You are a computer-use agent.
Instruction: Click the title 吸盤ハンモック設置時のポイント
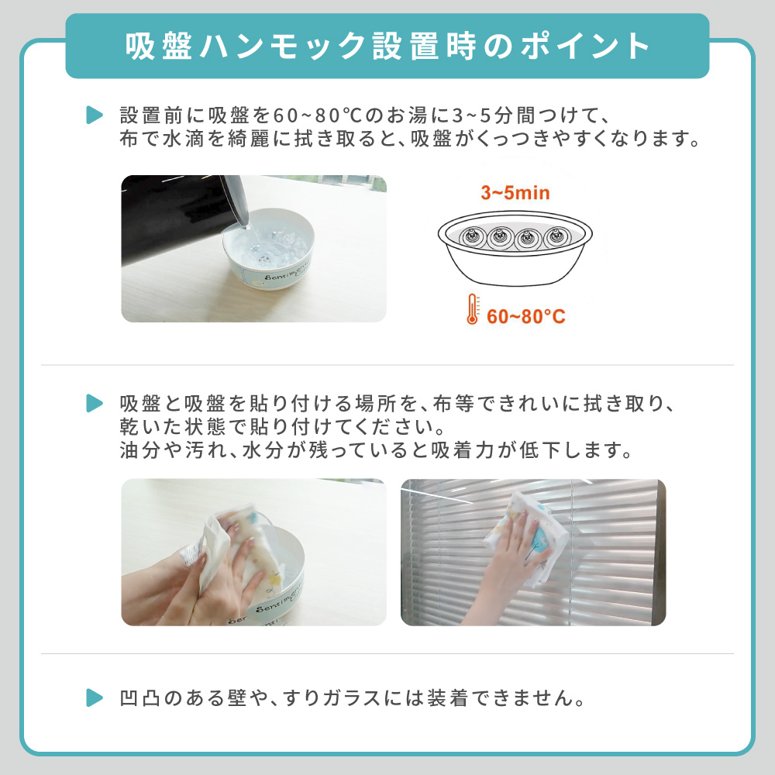point(387,46)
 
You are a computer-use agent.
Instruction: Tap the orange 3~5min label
point(515,192)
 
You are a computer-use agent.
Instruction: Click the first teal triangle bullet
point(94,115)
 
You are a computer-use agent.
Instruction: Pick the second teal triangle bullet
point(94,403)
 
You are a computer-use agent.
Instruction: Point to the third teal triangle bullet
point(94,697)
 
